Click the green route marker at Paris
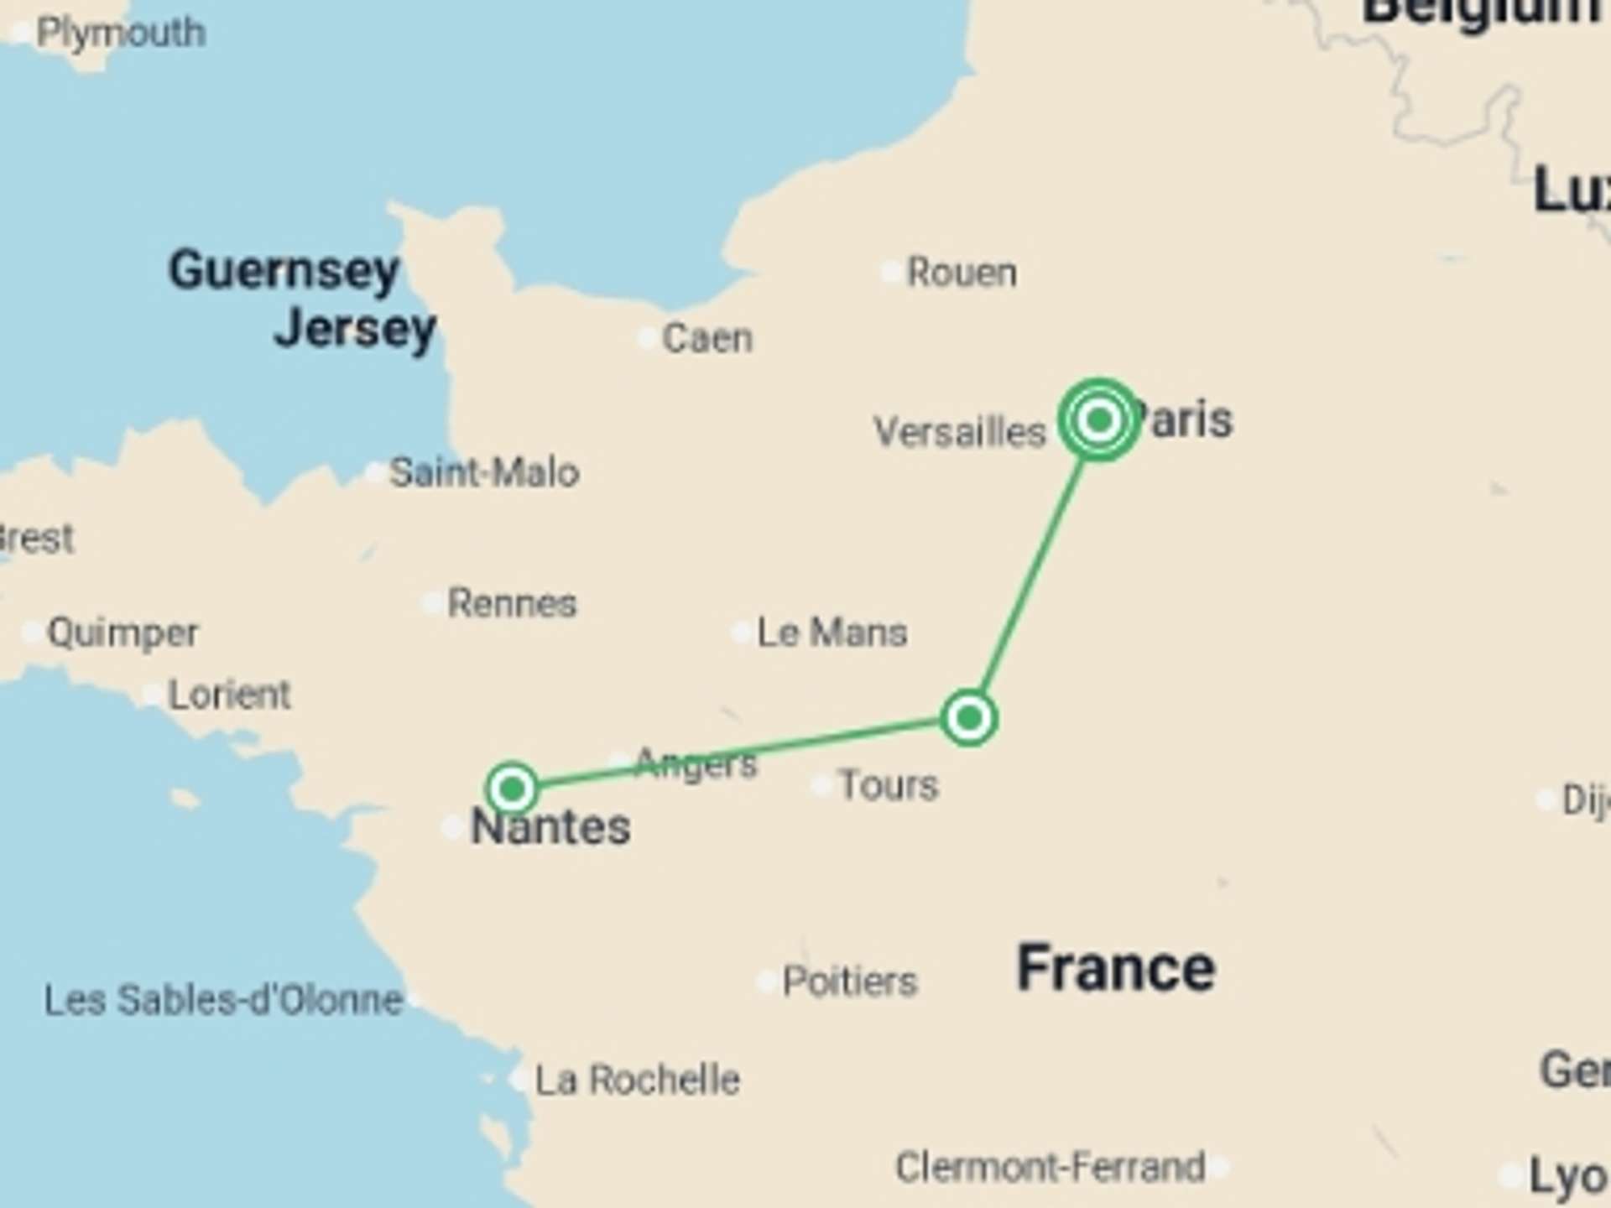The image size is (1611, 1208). (x=1098, y=419)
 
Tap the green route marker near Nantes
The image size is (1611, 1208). (x=512, y=789)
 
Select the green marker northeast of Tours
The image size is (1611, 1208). (x=969, y=718)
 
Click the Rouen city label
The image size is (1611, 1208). (x=962, y=273)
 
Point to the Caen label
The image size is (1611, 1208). (x=707, y=338)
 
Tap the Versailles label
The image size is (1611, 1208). (x=960, y=432)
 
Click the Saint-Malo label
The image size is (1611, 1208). (x=484, y=472)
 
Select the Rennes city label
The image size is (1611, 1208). (x=512, y=603)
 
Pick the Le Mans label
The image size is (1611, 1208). (x=832, y=633)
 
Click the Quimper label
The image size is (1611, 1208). (x=123, y=633)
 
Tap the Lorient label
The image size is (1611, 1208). (x=229, y=695)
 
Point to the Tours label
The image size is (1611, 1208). (x=889, y=785)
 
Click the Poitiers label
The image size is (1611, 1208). (x=849, y=981)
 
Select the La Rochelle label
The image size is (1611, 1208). (x=638, y=1080)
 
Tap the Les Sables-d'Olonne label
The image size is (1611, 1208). (x=223, y=1000)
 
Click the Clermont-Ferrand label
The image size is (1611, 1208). (x=1050, y=1167)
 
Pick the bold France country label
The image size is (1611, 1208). (x=1116, y=968)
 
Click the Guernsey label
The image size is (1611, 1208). (x=284, y=270)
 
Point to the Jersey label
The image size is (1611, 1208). (x=355, y=328)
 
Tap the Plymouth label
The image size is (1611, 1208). (x=121, y=34)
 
